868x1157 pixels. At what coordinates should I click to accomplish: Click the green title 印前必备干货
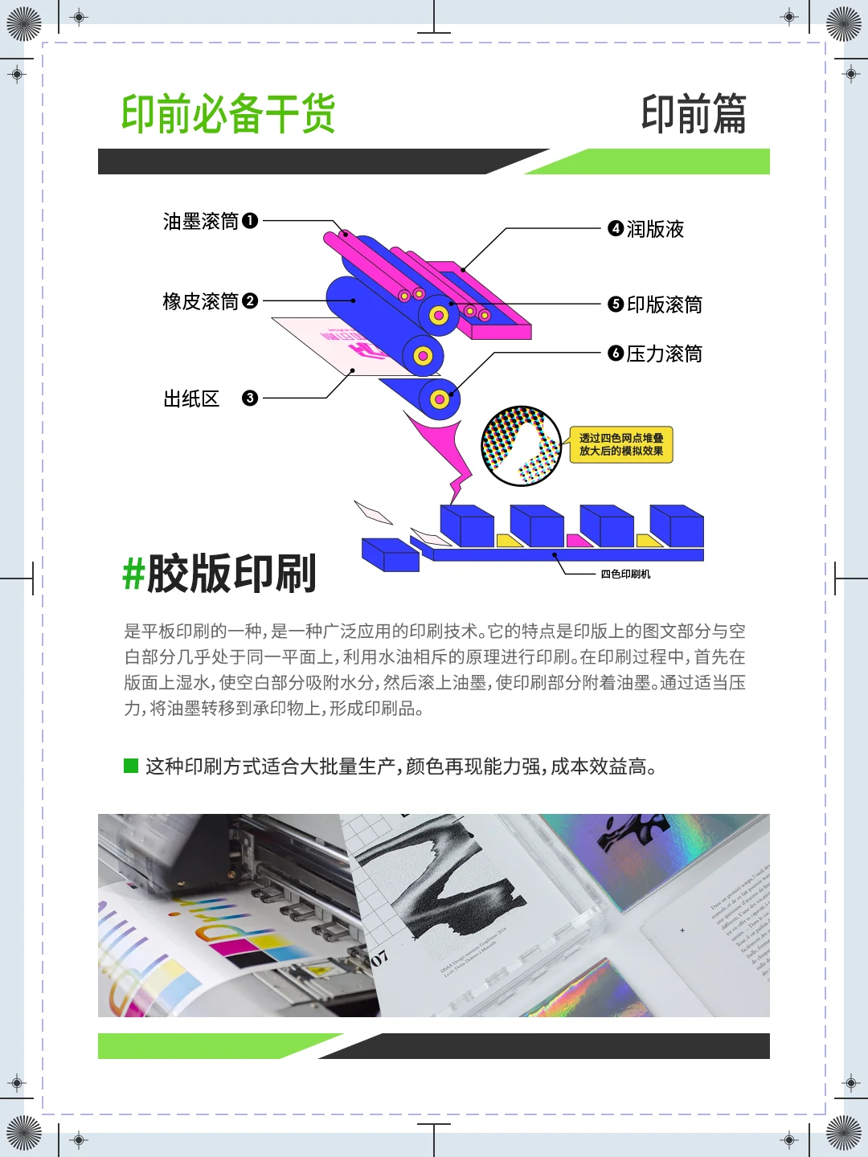pos(228,113)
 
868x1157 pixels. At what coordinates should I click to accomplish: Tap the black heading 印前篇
pos(694,113)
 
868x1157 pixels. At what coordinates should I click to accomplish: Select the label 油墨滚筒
pos(201,221)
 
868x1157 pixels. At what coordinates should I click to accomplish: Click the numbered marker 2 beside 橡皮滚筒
pos(250,300)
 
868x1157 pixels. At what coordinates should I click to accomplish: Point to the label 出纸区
pos(191,399)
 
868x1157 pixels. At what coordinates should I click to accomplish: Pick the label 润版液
pos(655,229)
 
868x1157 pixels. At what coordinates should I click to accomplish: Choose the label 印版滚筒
pos(664,305)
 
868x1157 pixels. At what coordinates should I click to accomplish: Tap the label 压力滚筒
pos(664,354)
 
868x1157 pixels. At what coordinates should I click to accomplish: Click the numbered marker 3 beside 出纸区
pos(250,398)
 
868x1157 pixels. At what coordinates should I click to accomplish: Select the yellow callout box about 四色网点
pos(621,444)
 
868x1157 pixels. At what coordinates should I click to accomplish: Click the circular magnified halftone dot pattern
pos(521,446)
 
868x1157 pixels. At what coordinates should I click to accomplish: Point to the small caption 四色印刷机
pos(625,574)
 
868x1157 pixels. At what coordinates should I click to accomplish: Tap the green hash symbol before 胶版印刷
pos(133,574)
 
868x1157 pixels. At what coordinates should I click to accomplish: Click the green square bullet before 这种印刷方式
pos(131,766)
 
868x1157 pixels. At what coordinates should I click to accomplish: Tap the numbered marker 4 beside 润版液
pos(616,228)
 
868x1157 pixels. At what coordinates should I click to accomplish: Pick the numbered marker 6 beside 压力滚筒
pos(616,353)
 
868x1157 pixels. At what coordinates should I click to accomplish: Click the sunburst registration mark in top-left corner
pos(23,23)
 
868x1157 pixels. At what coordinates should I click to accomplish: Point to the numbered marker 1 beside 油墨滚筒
pos(250,220)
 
